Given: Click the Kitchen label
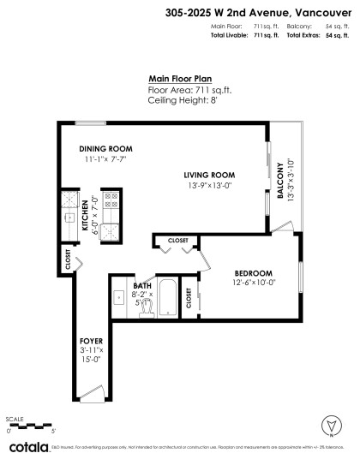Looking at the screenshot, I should [x=86, y=216].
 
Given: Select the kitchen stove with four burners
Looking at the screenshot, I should [x=112, y=201].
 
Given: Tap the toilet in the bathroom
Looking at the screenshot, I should [x=147, y=305].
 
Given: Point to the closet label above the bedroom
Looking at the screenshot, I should [x=177, y=241].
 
